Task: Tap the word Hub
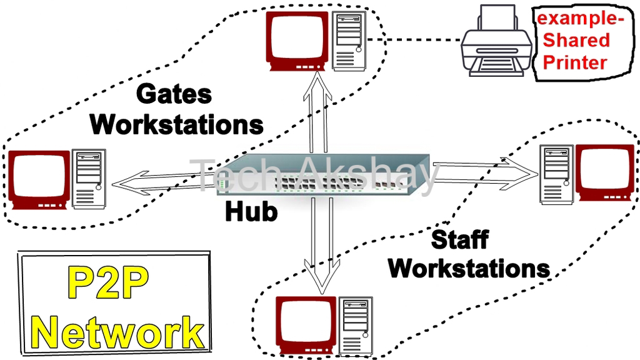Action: tap(251, 211)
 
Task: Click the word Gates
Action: tap(174, 95)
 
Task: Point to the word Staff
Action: tap(459, 239)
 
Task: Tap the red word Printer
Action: tap(574, 62)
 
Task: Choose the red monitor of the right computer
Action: tap(604, 172)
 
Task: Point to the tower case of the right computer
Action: tap(556, 173)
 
